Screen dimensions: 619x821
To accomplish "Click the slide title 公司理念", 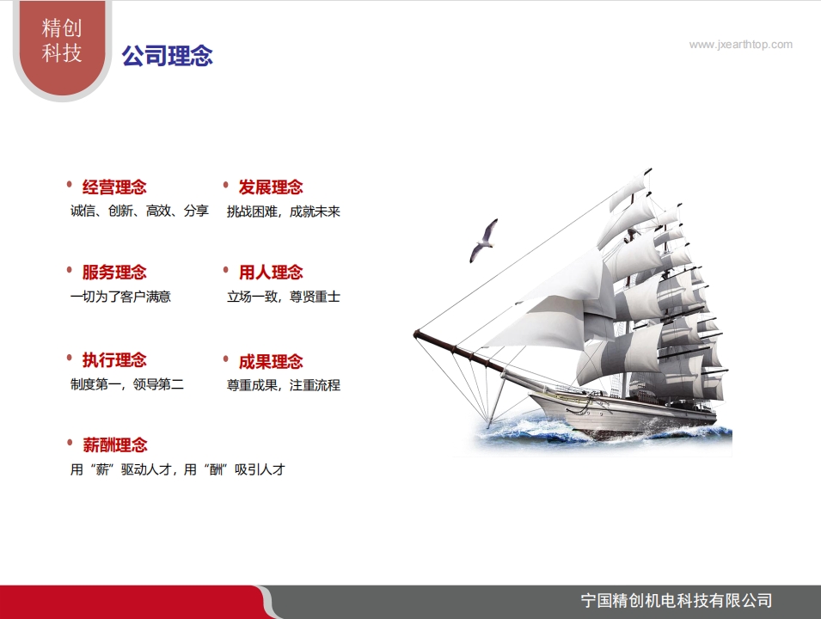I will (167, 57).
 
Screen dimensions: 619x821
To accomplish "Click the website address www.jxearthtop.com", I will (740, 45).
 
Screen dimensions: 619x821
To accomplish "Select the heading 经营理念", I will (114, 187).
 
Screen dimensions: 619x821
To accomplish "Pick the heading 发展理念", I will (271, 187).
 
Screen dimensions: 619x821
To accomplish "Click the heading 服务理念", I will (114, 273).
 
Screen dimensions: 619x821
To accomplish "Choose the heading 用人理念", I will (271, 273).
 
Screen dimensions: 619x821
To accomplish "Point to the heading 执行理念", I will (114, 360).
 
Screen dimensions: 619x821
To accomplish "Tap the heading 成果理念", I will (271, 362).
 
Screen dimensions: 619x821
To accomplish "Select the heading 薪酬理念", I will (114, 445).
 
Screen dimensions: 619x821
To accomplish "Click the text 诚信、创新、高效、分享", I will (139, 211).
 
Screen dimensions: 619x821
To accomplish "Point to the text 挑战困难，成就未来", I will (283, 211).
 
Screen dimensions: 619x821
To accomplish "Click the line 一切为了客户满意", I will (120, 297).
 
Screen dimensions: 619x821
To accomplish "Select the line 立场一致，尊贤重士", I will (283, 297).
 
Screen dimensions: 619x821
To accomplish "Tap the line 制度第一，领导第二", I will (126, 384).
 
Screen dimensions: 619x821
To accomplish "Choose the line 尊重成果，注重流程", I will (283, 385).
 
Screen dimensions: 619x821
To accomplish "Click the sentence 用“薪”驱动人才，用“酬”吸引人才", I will (177, 470).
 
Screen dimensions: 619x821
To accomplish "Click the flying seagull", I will (483, 241).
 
